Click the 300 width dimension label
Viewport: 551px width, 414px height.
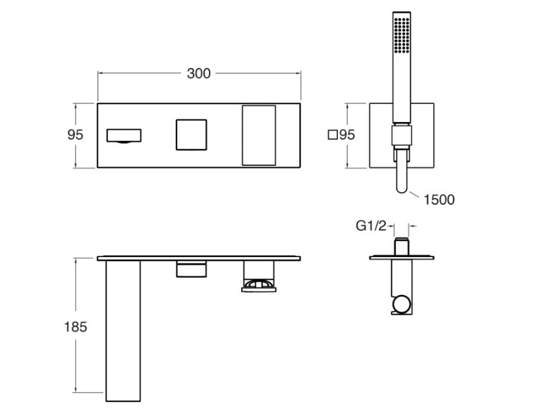[x=198, y=74]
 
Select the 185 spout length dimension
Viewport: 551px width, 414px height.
[x=75, y=327]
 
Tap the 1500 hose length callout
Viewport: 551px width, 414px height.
[x=439, y=200]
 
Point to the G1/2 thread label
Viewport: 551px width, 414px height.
[x=370, y=225]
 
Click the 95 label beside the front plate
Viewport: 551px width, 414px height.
[x=75, y=135]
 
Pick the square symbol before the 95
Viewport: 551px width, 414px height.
[x=332, y=135]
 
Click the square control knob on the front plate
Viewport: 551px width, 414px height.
[x=191, y=135]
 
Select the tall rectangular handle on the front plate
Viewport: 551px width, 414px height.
[x=259, y=135]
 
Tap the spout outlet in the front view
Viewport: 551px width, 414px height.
[x=123, y=136]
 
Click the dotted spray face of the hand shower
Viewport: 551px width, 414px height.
[x=401, y=34]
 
